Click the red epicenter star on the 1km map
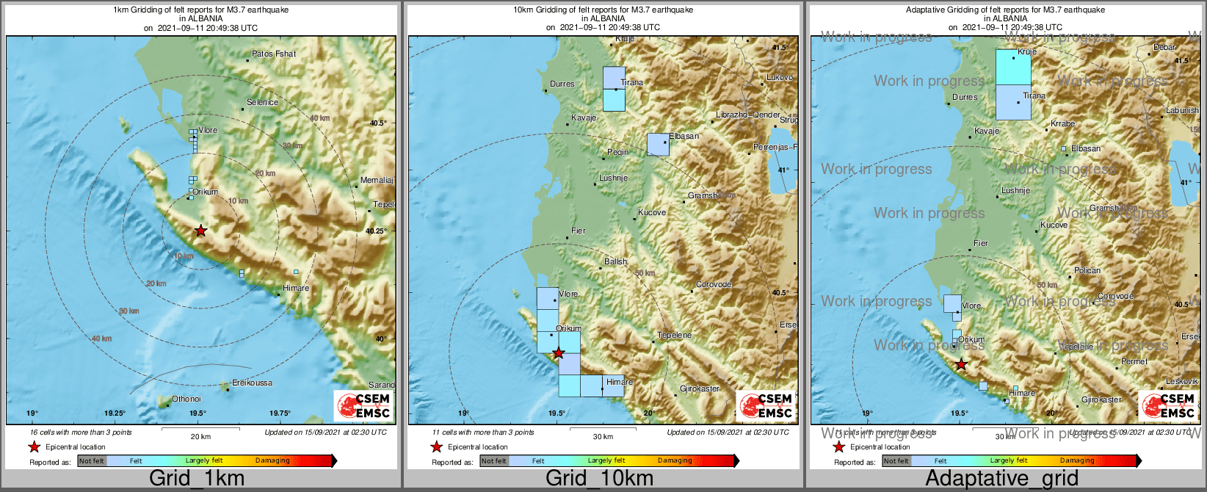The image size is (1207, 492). tap(200, 231)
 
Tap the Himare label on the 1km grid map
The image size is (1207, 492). tap(296, 289)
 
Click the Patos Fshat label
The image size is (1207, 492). tap(274, 54)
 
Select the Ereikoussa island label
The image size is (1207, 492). tap(252, 383)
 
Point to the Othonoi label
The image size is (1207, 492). tap(186, 399)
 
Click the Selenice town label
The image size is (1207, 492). tap(262, 103)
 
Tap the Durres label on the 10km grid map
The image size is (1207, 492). tap(562, 84)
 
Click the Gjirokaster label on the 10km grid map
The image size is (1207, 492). tap(700, 389)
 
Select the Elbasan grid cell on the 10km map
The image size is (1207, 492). tap(658, 145)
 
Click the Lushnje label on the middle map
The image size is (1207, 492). tap(614, 178)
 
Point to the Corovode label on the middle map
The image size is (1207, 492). tap(714, 285)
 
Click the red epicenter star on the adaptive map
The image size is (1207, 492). tap(960, 364)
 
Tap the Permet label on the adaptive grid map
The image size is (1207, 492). tap(1134, 362)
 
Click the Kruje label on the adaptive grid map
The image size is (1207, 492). tap(1027, 52)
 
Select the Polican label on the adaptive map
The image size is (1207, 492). tap(1087, 271)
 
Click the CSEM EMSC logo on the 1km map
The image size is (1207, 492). tap(363, 405)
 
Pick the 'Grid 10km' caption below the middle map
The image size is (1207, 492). tap(599, 479)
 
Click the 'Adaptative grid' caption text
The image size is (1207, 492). tap(1001, 479)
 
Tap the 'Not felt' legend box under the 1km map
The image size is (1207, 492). tap(92, 461)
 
